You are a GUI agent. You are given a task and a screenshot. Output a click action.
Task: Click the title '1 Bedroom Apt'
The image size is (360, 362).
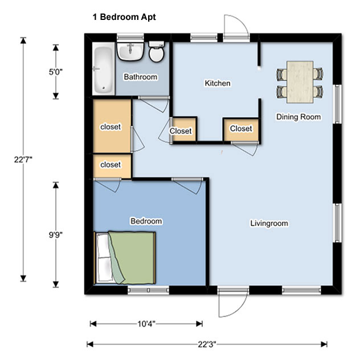(124, 17)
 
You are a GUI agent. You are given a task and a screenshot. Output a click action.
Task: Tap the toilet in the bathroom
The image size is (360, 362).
(157, 52)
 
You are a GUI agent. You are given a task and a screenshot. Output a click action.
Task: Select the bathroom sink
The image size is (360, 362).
(130, 51)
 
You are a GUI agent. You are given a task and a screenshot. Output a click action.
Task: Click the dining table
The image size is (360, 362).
(300, 82)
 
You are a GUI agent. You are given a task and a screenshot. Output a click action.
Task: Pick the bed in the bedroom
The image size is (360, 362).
(125, 258)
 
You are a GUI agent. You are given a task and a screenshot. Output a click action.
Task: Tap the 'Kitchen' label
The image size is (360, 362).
(218, 83)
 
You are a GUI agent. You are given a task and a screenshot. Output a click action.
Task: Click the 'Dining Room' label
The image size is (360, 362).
(298, 117)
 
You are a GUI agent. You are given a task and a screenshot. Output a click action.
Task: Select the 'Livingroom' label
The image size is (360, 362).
(269, 223)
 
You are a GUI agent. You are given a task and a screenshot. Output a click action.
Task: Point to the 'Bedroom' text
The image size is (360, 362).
(146, 221)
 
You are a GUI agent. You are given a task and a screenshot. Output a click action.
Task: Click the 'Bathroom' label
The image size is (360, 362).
(141, 77)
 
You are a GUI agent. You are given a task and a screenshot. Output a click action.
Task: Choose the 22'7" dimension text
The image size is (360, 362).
(23, 159)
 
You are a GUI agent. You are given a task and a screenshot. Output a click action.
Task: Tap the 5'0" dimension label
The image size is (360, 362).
(56, 72)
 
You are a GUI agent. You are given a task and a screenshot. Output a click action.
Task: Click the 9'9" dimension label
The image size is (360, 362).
(56, 235)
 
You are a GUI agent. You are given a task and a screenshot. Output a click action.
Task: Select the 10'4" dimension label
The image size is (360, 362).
(146, 324)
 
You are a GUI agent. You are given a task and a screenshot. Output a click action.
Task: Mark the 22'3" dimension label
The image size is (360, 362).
(207, 344)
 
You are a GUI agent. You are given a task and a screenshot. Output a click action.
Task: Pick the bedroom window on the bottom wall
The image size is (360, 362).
(148, 290)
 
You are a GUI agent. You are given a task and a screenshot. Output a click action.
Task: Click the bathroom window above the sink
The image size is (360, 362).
(130, 37)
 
